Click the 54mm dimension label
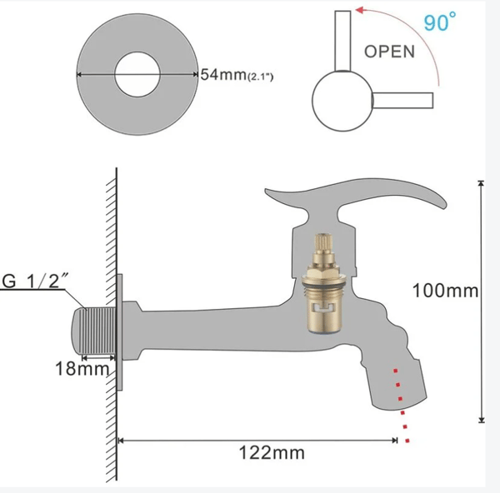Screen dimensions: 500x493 click(x=224, y=75)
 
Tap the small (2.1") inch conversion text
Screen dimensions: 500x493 click(x=261, y=77)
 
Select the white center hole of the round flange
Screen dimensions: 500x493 click(x=137, y=75)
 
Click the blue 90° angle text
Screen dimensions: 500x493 click(x=440, y=22)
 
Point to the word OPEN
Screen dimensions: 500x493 click(x=389, y=52)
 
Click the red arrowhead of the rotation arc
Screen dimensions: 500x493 click(x=360, y=10)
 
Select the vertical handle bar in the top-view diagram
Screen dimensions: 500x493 click(x=342, y=41)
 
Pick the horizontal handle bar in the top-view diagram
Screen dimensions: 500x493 click(x=402, y=101)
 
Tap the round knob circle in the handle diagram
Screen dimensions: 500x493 click(x=342, y=101)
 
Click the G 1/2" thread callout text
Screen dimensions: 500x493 click(x=35, y=281)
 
